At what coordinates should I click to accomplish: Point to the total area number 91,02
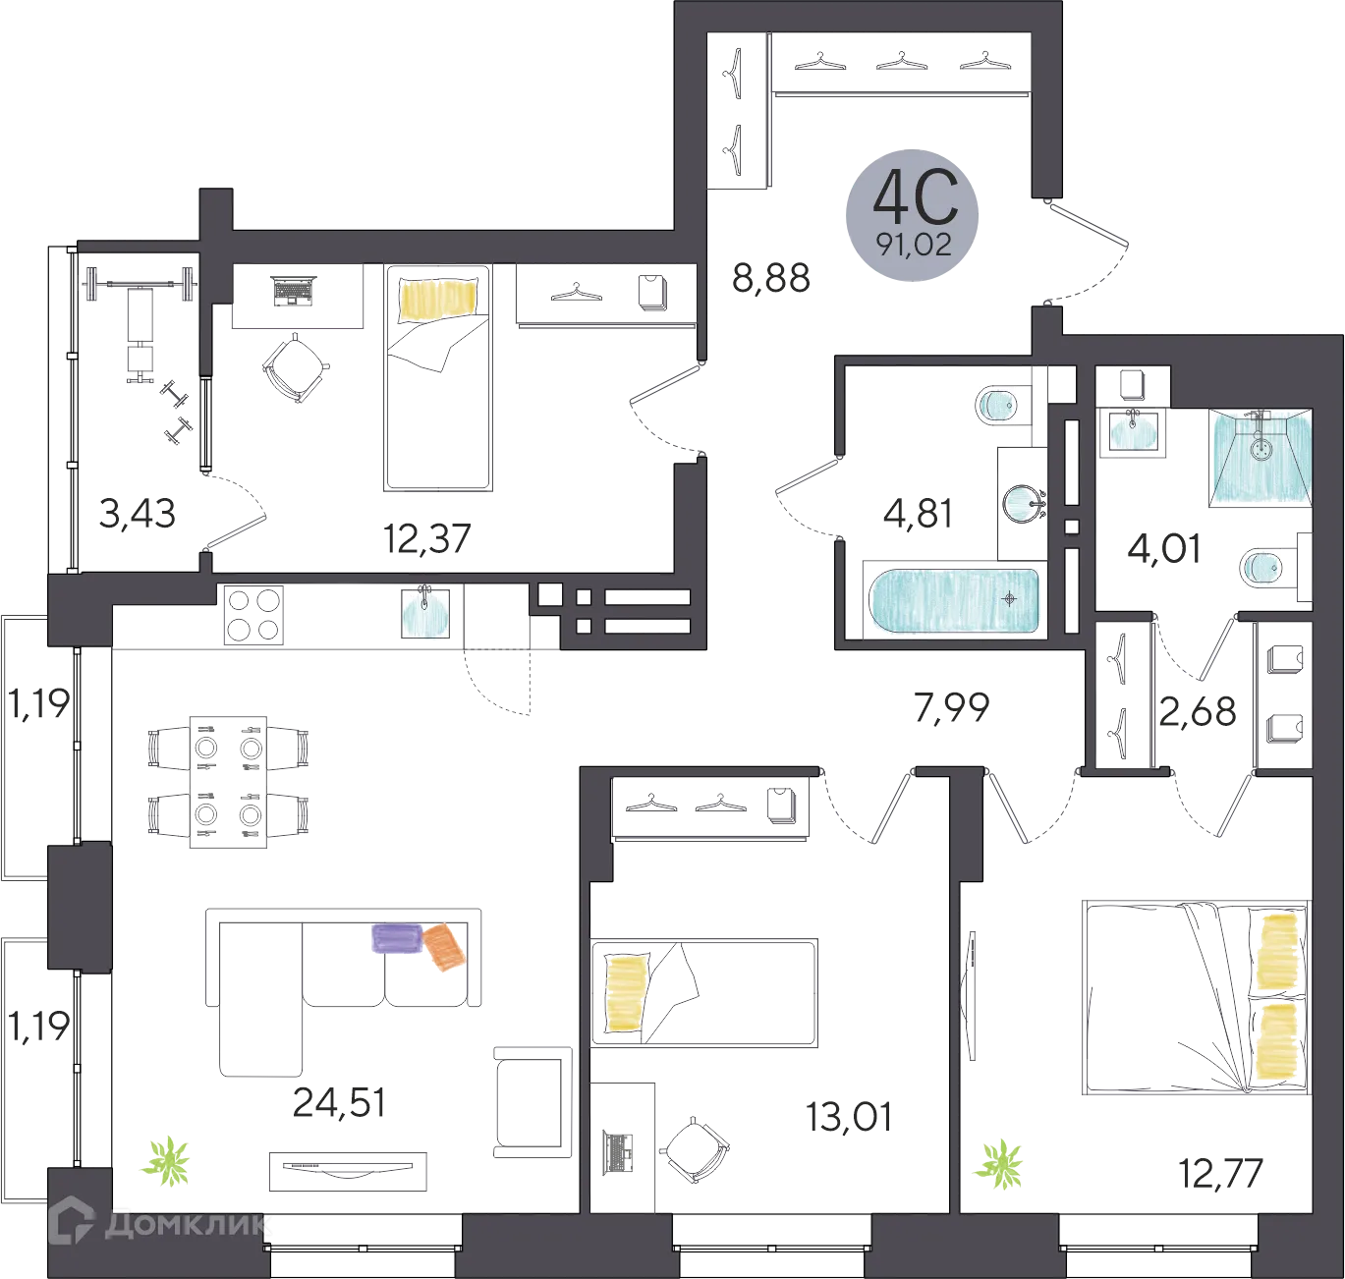915,246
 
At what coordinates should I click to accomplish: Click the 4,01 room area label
1162,551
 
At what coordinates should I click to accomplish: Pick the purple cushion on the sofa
396,938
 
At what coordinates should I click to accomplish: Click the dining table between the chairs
228,782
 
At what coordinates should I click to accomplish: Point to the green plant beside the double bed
1001,1163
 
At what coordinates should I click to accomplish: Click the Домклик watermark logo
157,1225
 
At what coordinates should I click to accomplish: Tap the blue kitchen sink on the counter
425,614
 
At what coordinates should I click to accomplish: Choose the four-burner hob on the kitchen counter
254,614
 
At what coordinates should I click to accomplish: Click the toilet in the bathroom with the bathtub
1001,406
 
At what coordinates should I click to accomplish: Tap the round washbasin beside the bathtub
1022,502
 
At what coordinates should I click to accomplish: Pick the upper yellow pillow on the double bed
1279,951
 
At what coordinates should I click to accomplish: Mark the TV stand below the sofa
349,1168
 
